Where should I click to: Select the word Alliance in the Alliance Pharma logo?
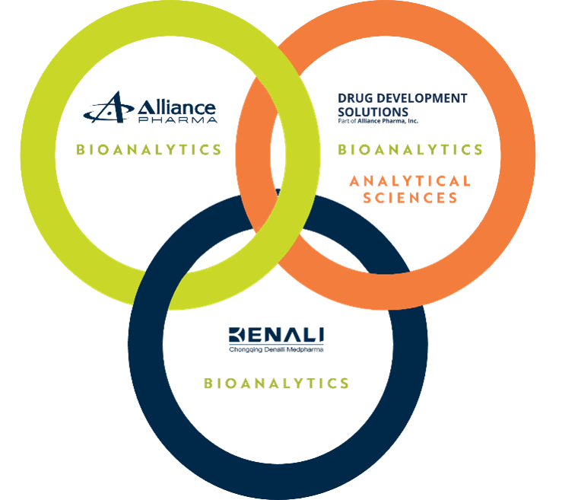point(174,107)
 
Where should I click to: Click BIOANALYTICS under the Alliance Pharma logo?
point(149,149)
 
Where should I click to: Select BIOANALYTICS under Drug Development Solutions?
point(411,150)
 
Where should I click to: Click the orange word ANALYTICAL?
point(411,181)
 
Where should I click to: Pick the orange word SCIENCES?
point(411,199)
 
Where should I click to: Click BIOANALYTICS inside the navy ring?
point(276,384)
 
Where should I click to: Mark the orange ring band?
point(517,152)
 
